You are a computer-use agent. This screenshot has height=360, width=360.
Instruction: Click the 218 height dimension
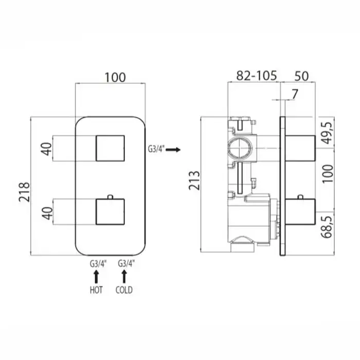click(24, 192)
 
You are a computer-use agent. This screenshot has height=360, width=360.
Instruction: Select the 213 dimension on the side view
click(194, 181)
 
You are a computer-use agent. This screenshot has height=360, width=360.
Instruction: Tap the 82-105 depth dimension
click(257, 76)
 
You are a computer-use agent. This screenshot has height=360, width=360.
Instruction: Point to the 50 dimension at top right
click(301, 76)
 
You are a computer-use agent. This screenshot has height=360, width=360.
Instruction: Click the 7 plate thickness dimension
click(295, 94)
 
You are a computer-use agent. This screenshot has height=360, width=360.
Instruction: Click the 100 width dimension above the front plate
click(115, 77)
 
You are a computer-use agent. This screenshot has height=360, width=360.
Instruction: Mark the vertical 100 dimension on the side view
click(328, 174)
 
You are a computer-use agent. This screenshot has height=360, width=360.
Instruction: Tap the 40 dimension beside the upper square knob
click(47, 149)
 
